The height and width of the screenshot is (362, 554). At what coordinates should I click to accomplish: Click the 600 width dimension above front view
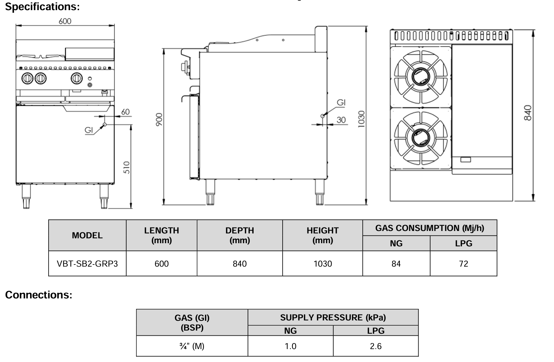coord(65,21)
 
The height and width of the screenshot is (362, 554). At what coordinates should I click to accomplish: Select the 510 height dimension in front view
coord(127,167)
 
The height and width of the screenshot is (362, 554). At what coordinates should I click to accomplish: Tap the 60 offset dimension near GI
coord(125,112)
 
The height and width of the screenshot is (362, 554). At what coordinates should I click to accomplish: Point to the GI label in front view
coord(89,130)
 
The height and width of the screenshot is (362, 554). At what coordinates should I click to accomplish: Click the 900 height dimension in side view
coord(159,120)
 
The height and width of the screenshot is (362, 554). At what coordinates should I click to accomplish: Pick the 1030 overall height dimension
coord(361,119)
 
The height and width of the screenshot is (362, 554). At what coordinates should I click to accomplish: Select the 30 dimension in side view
coord(341,120)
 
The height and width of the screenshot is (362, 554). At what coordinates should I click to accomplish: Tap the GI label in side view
coord(341,102)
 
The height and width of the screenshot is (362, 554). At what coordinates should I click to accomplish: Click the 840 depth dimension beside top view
coord(528,113)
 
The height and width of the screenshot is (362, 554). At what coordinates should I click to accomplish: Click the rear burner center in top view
coord(420,76)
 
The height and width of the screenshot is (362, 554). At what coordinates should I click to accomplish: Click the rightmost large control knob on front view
coord(77,78)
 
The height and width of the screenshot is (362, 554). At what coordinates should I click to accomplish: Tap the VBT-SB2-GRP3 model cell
coord(87,264)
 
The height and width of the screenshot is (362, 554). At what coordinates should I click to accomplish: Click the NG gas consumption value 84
coord(396,264)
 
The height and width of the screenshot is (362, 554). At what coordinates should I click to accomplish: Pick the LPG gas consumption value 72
coord(463,264)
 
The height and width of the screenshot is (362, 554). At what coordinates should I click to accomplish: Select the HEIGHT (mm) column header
coord(322,235)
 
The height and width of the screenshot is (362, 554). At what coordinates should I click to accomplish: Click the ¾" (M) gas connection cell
coord(192,346)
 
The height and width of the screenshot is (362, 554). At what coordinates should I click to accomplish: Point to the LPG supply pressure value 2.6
coord(376,346)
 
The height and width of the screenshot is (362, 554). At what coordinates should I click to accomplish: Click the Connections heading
coord(38,295)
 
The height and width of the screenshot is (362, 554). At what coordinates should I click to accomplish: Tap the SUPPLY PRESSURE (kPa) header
coord(333,318)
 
